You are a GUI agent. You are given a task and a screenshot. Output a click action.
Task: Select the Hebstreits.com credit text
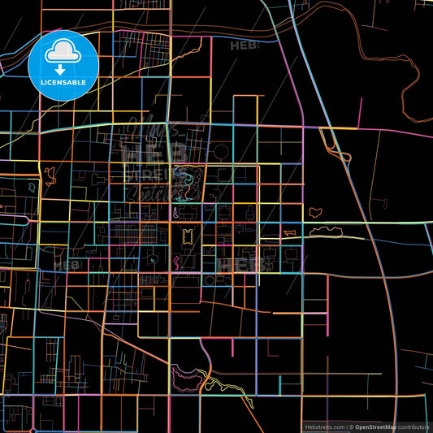coord(323,427)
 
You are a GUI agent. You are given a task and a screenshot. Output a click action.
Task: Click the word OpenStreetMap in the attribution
coord(375,427)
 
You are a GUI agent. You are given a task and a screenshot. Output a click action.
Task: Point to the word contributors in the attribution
coord(414,427)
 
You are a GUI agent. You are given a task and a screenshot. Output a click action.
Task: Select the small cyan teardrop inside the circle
coord(153,259)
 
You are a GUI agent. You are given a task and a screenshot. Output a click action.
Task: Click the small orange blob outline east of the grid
coord(314,212)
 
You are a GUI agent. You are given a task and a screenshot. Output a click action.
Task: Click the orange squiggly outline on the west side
coord(50,173)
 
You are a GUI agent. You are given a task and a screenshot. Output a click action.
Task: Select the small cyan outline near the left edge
coord(32,187)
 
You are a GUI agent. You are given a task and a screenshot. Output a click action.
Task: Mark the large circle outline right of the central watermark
coord(220,151)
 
